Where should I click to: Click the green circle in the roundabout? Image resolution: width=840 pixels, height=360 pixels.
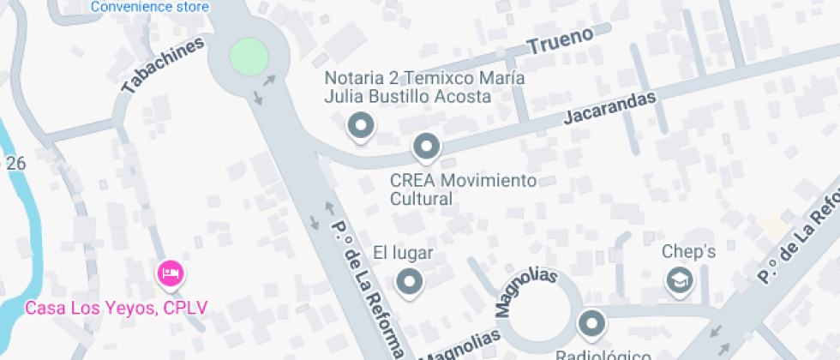coord(249,57)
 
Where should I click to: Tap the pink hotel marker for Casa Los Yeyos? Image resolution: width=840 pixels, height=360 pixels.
coord(169,274)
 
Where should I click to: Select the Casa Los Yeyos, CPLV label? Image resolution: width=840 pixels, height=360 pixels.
coord(116,308)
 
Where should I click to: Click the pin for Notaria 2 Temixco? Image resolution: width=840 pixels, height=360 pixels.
coord(360,126)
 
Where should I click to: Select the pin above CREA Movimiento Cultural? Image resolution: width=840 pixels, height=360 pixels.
coord(426,147)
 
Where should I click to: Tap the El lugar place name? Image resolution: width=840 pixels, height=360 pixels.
coord(403,253)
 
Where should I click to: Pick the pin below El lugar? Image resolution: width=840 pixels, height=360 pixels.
coord(409,281)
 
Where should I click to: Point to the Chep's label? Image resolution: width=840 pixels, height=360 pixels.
coord(688,252)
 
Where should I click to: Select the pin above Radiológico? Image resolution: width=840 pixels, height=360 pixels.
coord(591,324)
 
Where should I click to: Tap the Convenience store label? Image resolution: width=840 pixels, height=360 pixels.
coord(149,7)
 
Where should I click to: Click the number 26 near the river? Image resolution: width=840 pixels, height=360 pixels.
coord(15,163)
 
